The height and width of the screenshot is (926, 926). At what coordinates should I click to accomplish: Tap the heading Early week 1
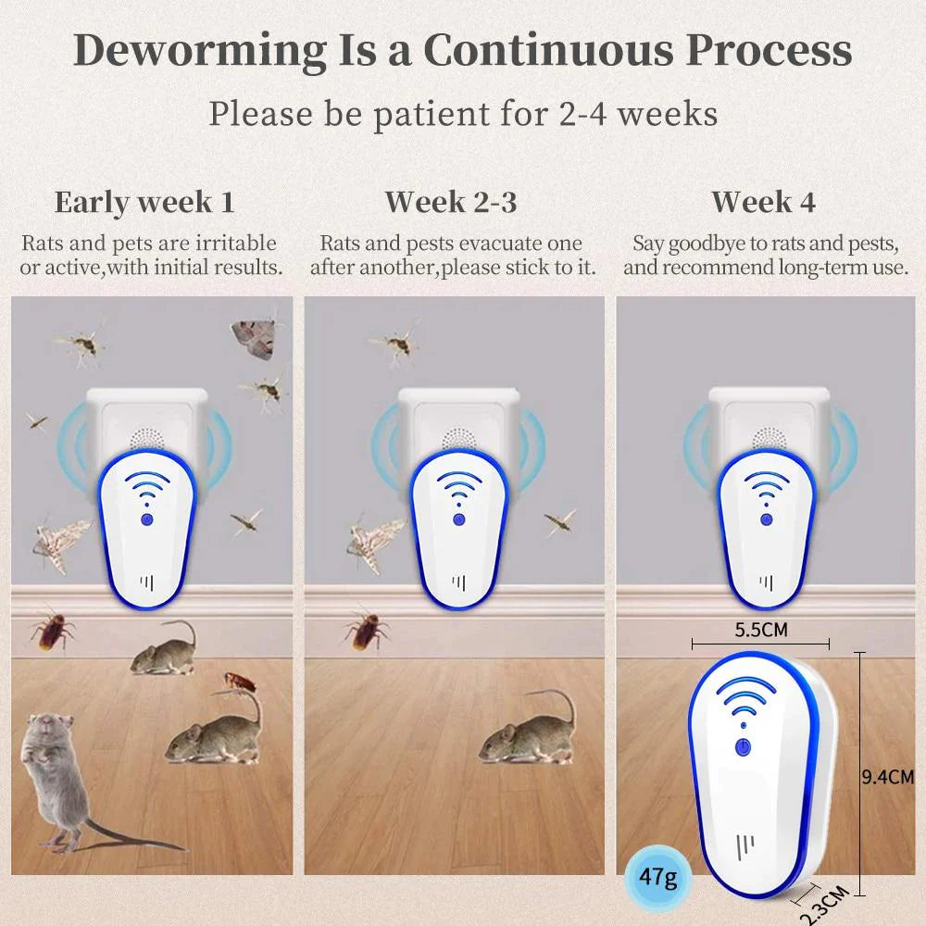point(144,203)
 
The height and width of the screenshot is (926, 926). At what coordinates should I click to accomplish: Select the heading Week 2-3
point(451,202)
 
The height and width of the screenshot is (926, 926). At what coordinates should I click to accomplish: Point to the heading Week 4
point(764,202)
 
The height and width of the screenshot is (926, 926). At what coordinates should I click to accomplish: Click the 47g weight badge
point(657,876)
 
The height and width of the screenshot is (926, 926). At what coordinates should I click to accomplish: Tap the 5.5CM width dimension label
point(760,630)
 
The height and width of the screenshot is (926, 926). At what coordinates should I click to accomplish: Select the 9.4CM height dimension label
point(888,777)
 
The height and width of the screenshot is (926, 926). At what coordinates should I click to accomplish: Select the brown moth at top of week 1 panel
point(254,338)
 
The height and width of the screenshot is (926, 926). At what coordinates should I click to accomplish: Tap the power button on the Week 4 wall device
point(766,519)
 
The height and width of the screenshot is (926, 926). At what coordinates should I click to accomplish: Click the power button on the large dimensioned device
point(743,747)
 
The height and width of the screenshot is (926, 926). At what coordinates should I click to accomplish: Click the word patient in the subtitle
point(432,113)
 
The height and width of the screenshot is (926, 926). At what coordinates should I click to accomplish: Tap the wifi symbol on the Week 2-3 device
point(458,488)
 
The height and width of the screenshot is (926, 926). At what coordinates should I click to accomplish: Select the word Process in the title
point(769,50)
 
